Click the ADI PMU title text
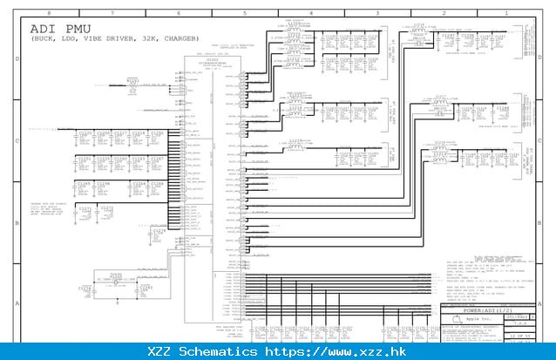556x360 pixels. pos(56,30)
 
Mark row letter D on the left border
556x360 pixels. pos(17,59)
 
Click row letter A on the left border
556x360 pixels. pos(17,304)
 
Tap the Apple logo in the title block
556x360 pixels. pos(456,320)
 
